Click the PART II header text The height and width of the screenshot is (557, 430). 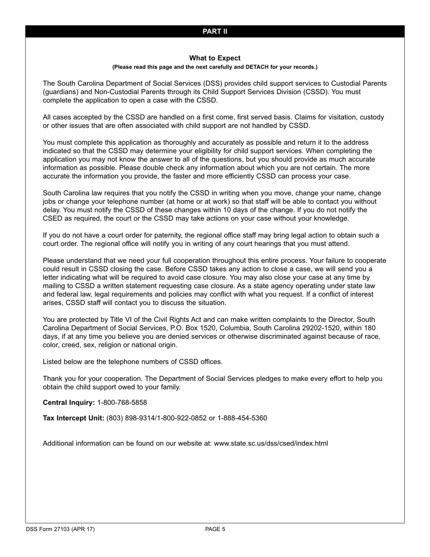[x=215, y=31]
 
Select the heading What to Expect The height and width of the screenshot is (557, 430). [x=215, y=58]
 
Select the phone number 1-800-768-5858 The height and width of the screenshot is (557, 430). [x=122, y=403]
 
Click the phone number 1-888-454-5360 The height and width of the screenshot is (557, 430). [x=242, y=418]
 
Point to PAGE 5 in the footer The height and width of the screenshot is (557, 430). [x=215, y=529]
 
